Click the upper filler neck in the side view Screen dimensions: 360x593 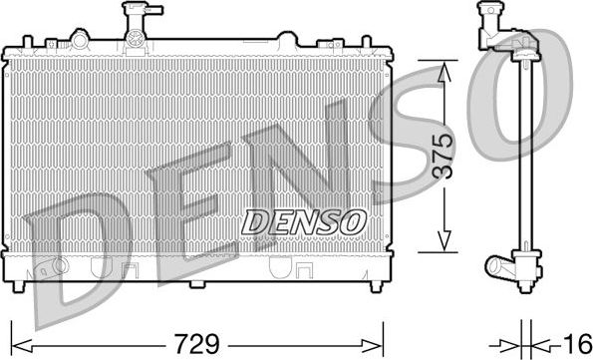coord(489,24)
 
